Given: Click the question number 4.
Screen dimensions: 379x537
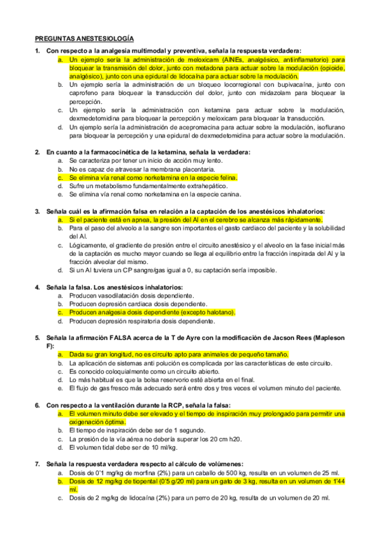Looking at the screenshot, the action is coord(37,287).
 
